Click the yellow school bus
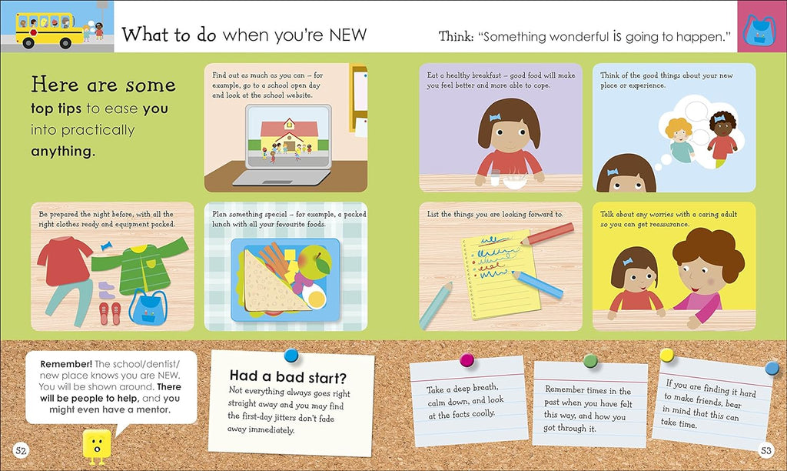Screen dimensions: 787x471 coord(49,30)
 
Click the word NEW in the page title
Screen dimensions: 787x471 coord(348,35)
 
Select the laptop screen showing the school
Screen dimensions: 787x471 coord(288,136)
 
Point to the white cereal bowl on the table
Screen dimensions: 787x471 coord(514,181)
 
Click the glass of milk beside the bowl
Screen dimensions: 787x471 coord(494,178)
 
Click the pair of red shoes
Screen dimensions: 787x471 coord(110,313)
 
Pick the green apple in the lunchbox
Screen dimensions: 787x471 coord(315,262)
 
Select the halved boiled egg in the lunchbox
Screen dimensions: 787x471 coord(314,296)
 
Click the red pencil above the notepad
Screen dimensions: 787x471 coord(547,234)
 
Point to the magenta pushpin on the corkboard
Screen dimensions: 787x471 coord(467,360)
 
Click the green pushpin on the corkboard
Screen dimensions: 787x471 coord(590,360)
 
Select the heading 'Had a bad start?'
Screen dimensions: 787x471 coord(288,377)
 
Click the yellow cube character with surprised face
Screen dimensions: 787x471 coord(97,446)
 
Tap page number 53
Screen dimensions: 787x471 coord(766,450)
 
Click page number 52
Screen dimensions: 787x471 coord(21,450)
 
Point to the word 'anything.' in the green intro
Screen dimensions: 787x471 coord(63,152)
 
